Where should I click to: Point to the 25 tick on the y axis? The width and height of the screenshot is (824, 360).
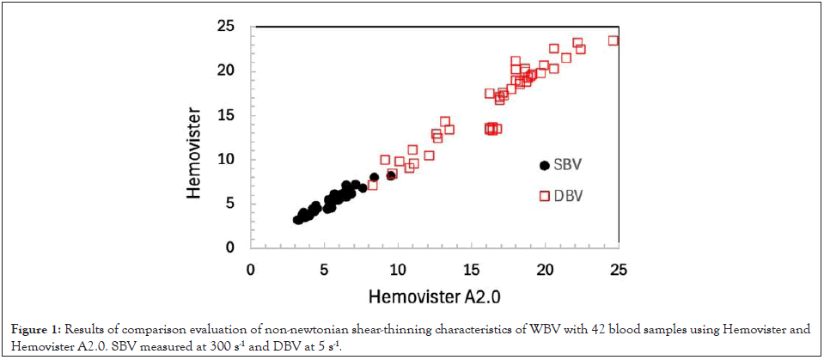[x=225, y=27]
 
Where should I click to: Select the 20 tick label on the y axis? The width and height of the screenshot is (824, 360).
[x=225, y=70]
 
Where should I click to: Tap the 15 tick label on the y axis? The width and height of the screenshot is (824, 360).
[x=225, y=115]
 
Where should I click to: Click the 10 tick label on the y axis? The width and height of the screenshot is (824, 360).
[x=225, y=159]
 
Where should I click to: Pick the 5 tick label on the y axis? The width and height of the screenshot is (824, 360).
[x=229, y=204]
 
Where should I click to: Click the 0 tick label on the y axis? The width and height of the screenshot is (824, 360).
[x=229, y=247]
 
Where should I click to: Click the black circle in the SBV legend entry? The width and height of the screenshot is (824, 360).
[x=544, y=165]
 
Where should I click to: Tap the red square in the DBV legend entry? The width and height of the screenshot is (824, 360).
[x=544, y=196]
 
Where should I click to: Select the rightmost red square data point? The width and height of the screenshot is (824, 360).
[x=613, y=40]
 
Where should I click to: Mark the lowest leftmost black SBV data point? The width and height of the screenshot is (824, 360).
[x=297, y=220]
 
